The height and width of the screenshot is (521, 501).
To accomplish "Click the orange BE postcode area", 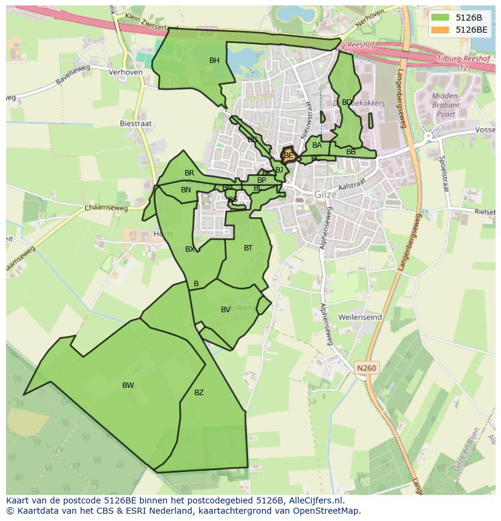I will click(289, 156).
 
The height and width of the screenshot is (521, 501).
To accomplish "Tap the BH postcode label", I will click(214, 61).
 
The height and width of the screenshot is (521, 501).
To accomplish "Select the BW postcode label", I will click(128, 385).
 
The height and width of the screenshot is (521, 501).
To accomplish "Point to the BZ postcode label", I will click(199, 393).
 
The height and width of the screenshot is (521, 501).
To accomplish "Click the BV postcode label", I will click(226, 310).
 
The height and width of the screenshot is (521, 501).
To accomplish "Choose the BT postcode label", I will click(248, 248).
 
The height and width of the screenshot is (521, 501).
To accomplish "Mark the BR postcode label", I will click(189, 173).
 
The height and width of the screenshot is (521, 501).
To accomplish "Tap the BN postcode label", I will click(186, 190).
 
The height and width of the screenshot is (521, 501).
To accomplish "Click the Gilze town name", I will click(326, 195).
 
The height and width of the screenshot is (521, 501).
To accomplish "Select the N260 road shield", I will click(366, 368).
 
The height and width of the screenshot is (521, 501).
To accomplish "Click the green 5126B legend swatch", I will click(440, 17).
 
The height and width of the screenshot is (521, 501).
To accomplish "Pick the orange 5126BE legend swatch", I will click(440, 29).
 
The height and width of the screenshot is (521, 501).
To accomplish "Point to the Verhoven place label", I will click(125, 72).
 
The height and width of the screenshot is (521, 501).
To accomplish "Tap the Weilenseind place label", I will click(360, 317).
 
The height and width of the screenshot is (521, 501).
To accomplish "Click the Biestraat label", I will click(136, 123).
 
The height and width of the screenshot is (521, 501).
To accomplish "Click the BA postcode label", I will click(317, 145).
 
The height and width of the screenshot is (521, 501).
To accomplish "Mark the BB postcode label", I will click(351, 152).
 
